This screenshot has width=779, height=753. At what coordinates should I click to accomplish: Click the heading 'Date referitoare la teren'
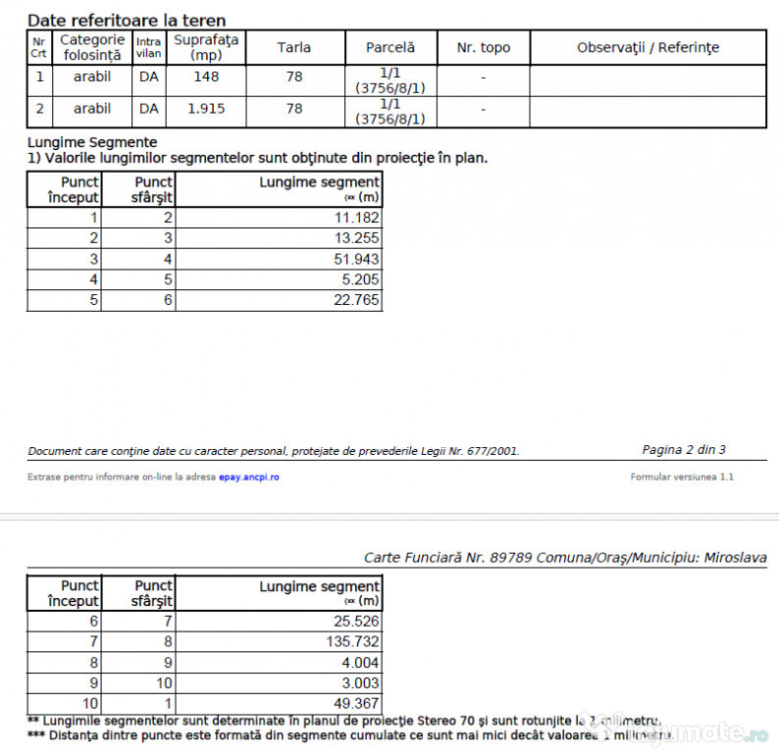click(127, 20)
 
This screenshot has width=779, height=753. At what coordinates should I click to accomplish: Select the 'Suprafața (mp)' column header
click(206, 47)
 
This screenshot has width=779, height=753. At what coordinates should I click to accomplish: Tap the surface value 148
click(206, 76)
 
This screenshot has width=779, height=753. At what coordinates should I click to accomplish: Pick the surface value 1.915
click(206, 109)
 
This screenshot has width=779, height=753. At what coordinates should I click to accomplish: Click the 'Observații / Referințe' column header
click(648, 47)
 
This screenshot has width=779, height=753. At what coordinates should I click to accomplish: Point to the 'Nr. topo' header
click(484, 47)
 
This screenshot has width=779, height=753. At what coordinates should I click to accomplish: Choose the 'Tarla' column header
click(294, 47)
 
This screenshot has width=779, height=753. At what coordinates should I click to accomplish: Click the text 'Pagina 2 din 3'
click(684, 450)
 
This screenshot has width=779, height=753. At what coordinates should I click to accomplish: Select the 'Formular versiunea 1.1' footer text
click(682, 477)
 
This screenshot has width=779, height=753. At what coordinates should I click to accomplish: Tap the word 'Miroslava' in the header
click(734, 557)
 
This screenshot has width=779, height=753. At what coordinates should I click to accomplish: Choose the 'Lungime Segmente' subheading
click(92, 142)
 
